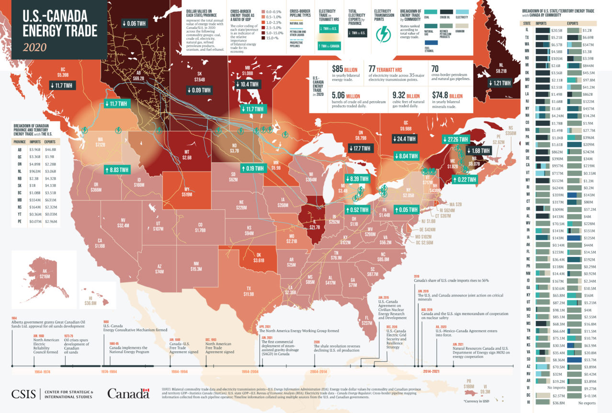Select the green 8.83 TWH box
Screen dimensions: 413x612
[x=117, y=169]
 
